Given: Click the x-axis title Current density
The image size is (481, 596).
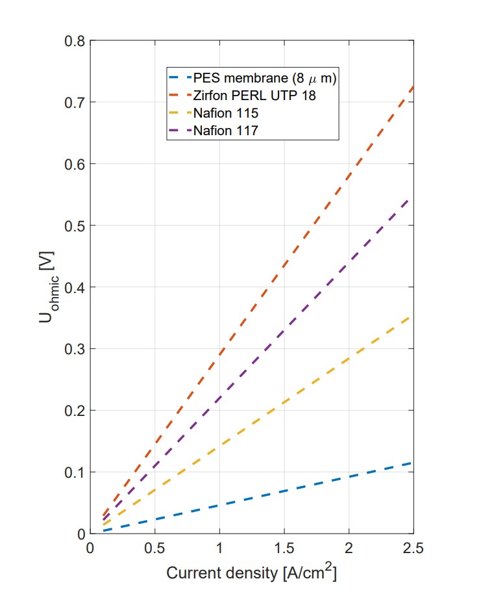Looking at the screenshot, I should (x=251, y=573).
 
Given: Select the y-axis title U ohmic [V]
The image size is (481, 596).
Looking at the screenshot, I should (x=54, y=287).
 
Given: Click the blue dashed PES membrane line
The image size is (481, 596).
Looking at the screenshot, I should (x=284, y=491).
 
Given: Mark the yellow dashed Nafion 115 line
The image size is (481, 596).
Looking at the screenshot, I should (x=284, y=403).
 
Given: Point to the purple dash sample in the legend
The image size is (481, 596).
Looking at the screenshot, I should (x=180, y=130).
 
